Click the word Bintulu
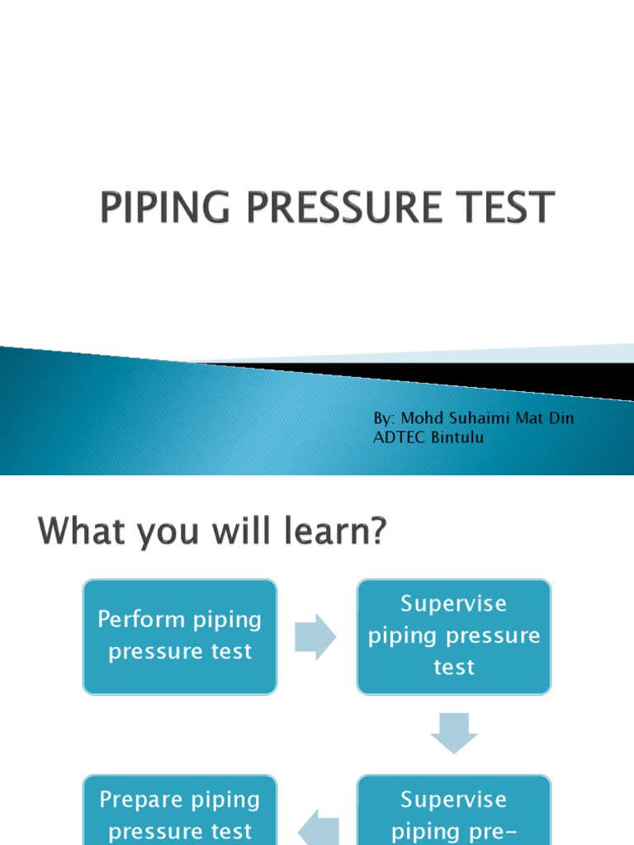456,437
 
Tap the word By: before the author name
385,418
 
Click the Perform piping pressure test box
180,636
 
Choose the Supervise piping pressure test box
453,636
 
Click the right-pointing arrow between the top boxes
315,637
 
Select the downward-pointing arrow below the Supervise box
454,733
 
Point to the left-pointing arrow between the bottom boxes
319,828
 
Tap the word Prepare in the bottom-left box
139,800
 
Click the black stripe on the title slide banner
495,375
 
